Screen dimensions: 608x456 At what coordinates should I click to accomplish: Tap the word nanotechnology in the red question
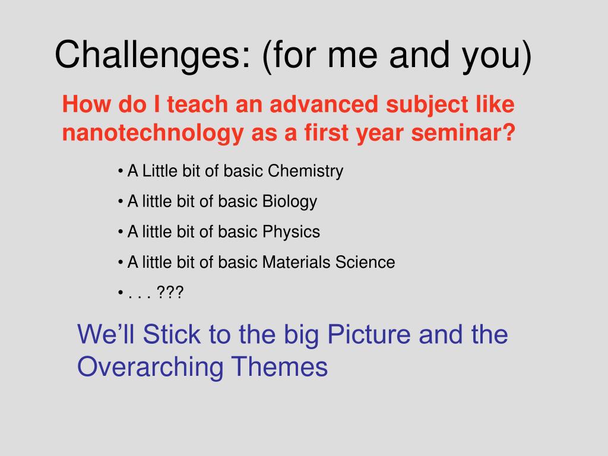click(x=153, y=133)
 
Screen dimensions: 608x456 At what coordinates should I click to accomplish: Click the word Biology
click(x=290, y=202)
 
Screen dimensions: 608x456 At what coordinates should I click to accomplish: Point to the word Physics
click(x=291, y=232)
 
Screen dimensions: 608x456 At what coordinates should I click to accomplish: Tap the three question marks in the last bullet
click(x=170, y=292)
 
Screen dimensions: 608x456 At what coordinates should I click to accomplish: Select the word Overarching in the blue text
click(x=150, y=367)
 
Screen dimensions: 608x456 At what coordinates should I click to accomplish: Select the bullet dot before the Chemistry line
click(x=121, y=171)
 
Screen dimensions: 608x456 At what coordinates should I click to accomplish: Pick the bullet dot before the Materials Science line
click(x=121, y=262)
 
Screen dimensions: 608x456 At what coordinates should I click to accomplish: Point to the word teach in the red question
click(x=197, y=104)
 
